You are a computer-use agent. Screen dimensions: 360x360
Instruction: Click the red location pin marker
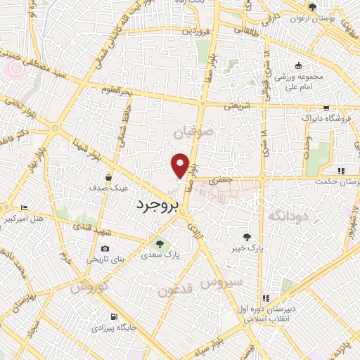point(181,165)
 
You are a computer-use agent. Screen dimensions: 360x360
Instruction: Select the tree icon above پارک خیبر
point(245,237)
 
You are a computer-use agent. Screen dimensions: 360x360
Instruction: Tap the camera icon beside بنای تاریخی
point(105,248)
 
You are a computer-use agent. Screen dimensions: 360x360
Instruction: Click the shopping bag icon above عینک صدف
point(108,177)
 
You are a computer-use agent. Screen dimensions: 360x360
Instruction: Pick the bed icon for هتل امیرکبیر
point(24,207)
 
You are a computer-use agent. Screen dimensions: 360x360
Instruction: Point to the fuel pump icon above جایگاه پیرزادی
point(114,317)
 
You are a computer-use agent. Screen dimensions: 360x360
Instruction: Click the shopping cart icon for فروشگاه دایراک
point(326,108)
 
